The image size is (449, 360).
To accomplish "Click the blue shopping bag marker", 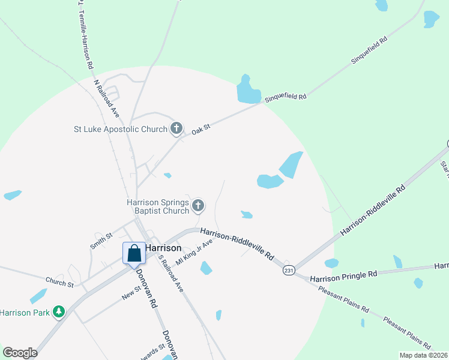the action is point(134,253).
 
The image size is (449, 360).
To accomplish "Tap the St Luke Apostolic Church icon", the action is point(176,128).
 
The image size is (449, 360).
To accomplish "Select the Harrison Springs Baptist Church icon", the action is point(198,206).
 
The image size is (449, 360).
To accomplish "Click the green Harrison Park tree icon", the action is point(58,311).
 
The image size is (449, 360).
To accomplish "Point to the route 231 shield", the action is point(289,271).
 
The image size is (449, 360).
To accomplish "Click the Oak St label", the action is point(201,129).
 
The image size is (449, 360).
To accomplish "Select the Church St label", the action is point(59,281).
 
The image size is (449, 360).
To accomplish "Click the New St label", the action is point(130,292).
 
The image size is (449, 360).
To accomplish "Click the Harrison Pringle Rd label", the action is point(344,274).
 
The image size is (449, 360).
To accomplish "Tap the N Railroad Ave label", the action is point(107,98).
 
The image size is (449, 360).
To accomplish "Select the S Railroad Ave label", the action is point(170,273).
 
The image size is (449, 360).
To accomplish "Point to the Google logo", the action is point(20,353).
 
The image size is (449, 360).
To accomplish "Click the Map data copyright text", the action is point(423,355).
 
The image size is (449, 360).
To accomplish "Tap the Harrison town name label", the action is point(163,248).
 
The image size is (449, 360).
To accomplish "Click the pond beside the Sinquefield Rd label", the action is point(247,91).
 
